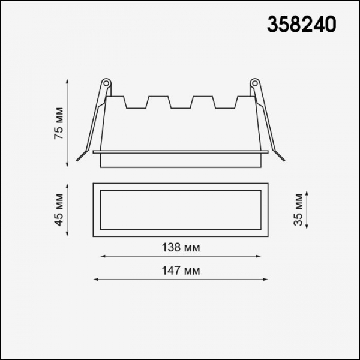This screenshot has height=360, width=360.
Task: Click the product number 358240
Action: coord(301,25)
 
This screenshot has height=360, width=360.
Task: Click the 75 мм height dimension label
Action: coord(59,123)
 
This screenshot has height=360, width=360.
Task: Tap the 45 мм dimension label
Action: coord(59,210)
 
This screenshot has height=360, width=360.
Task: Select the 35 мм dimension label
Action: coord(298,210)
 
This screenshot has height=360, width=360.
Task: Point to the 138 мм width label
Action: coord(181,247)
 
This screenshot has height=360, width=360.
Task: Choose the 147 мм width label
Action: coord(181,271)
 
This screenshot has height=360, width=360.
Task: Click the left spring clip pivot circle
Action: coord(106,83)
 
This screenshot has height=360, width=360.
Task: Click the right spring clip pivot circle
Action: coord(254,83)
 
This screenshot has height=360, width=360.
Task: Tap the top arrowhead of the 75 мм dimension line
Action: coord(67,81)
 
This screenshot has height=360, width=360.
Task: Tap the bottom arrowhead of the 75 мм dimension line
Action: coord(67,165)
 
